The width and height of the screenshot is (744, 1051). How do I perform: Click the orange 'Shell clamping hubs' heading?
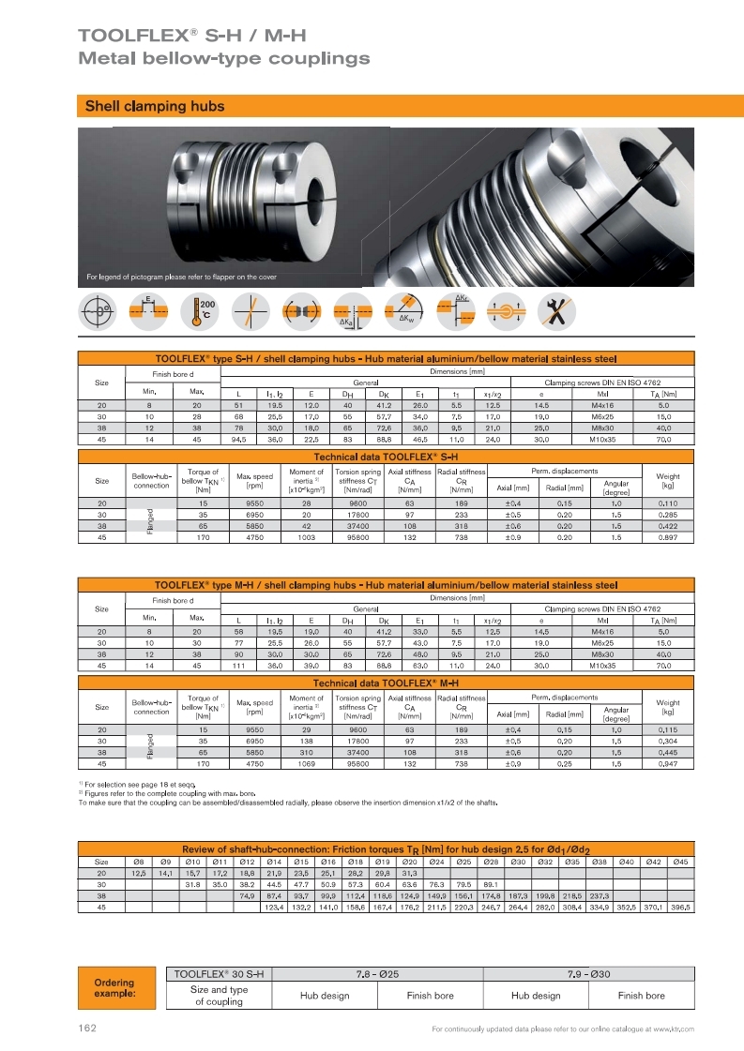[x=155, y=107]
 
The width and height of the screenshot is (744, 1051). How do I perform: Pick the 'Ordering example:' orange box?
[x=114, y=988]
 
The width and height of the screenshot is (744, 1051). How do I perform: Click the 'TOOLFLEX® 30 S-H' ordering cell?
[x=220, y=974]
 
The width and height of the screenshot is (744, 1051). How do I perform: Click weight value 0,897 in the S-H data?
[x=668, y=538]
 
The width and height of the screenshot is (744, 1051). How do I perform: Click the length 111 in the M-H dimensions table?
[x=239, y=666]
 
